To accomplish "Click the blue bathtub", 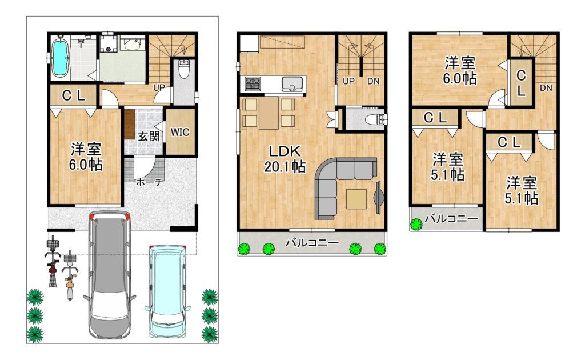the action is (x=60, y=58).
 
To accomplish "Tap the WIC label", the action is (x=180, y=132).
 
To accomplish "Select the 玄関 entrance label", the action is (x=149, y=136).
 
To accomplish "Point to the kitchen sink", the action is (x=294, y=84).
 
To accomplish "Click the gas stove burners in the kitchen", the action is (x=253, y=83).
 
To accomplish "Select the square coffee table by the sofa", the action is (x=356, y=199).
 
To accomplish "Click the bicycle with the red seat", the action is (x=53, y=261).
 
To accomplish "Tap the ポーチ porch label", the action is (x=149, y=182).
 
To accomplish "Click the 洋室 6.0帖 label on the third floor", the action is (x=460, y=71).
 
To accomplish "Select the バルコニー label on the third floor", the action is (x=451, y=218).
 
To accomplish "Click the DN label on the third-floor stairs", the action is (x=546, y=88).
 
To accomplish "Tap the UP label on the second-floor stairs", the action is (x=348, y=81).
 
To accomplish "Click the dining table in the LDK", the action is (x=269, y=113).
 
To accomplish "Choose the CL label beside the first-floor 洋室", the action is (x=74, y=96).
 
